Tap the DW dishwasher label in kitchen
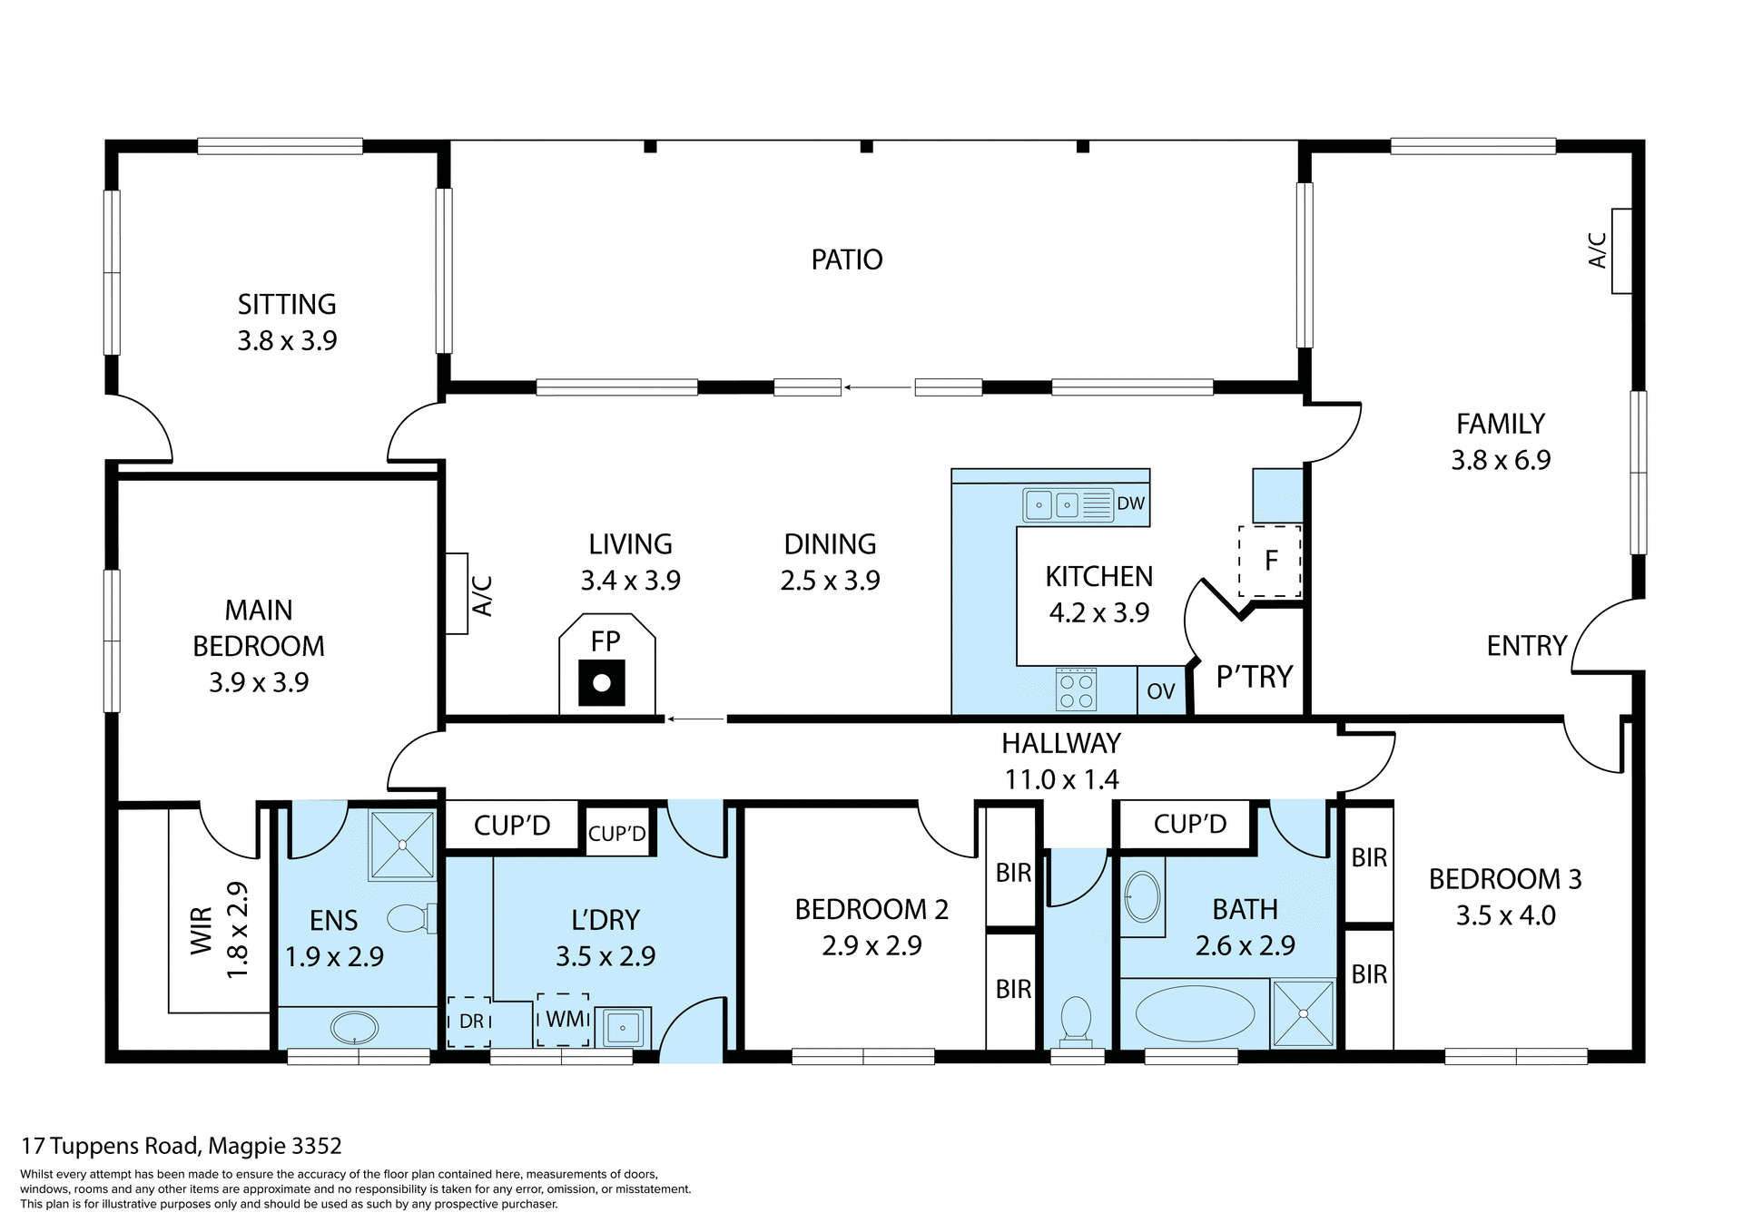coord(1130,504)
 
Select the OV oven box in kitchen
coord(1161,691)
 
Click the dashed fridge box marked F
coord(1270,561)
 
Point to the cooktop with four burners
coord(1077,689)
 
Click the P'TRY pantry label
coord(1254,677)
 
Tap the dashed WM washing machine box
coord(563,1020)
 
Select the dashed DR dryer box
coord(469,1022)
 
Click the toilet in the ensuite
coord(410,918)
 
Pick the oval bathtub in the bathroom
coord(1195,1013)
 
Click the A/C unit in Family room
coord(1621,251)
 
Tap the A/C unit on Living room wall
coord(456,594)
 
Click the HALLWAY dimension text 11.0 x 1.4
coord(1061,779)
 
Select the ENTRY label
coord(1527,646)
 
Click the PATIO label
coord(846,260)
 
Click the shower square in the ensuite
coord(401,846)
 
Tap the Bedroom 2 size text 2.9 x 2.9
coord(871,945)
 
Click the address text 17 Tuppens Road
coord(182,1146)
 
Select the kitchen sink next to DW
coord(1053,504)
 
